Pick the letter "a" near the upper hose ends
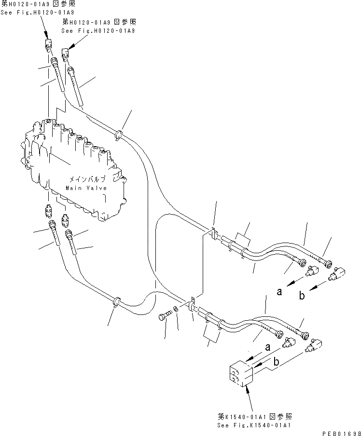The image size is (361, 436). click(279, 291)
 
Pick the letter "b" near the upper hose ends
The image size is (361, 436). click(302, 296)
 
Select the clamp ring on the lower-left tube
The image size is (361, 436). click(117, 303)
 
